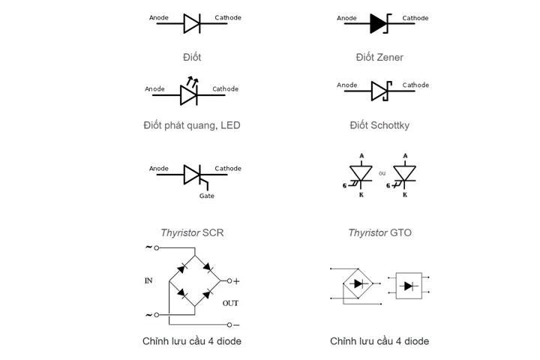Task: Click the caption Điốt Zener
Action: [379, 57]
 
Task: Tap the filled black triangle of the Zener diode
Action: [378, 24]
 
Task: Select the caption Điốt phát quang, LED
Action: [192, 125]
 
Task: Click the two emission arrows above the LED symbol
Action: [192, 81]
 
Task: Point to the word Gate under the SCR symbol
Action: [207, 196]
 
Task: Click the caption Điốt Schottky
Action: [379, 125]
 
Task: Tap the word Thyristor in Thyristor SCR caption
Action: [180, 233]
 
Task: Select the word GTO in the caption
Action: [400, 233]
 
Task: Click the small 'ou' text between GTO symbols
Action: [382, 173]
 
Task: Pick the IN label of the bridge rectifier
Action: [148, 280]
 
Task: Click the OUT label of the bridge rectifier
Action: [230, 303]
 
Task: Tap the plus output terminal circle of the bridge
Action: [229, 281]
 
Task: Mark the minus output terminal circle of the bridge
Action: [229, 325]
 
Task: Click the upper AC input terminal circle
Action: [156, 247]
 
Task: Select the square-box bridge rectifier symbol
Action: [409, 286]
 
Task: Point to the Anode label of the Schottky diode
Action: [346, 85]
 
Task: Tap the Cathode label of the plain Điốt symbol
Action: [228, 17]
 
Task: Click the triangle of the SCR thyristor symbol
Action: [192, 175]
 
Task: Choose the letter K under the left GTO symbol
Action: [361, 195]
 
